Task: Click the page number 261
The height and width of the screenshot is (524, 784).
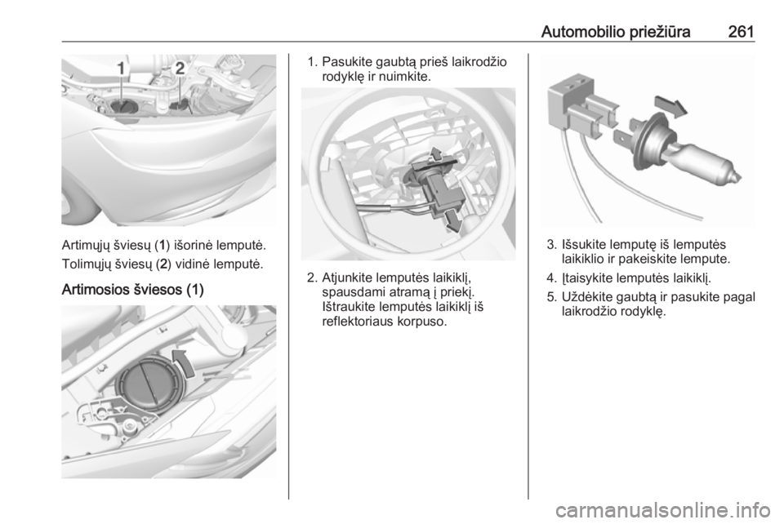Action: click(741, 32)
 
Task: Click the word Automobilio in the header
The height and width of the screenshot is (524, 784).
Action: click(582, 32)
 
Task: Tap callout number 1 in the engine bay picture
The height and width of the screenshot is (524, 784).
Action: click(122, 69)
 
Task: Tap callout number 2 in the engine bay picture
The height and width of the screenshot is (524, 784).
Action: click(180, 69)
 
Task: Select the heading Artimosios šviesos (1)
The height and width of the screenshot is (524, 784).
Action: click(132, 290)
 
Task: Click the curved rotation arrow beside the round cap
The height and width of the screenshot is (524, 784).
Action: click(183, 363)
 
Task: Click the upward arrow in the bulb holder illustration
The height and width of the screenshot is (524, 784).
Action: click(436, 154)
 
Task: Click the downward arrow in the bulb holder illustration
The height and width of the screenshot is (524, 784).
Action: click(452, 220)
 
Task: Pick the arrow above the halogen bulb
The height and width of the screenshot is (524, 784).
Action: click(670, 106)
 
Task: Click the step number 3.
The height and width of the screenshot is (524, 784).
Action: click(551, 245)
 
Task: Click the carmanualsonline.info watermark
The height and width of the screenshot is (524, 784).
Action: click(662, 510)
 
